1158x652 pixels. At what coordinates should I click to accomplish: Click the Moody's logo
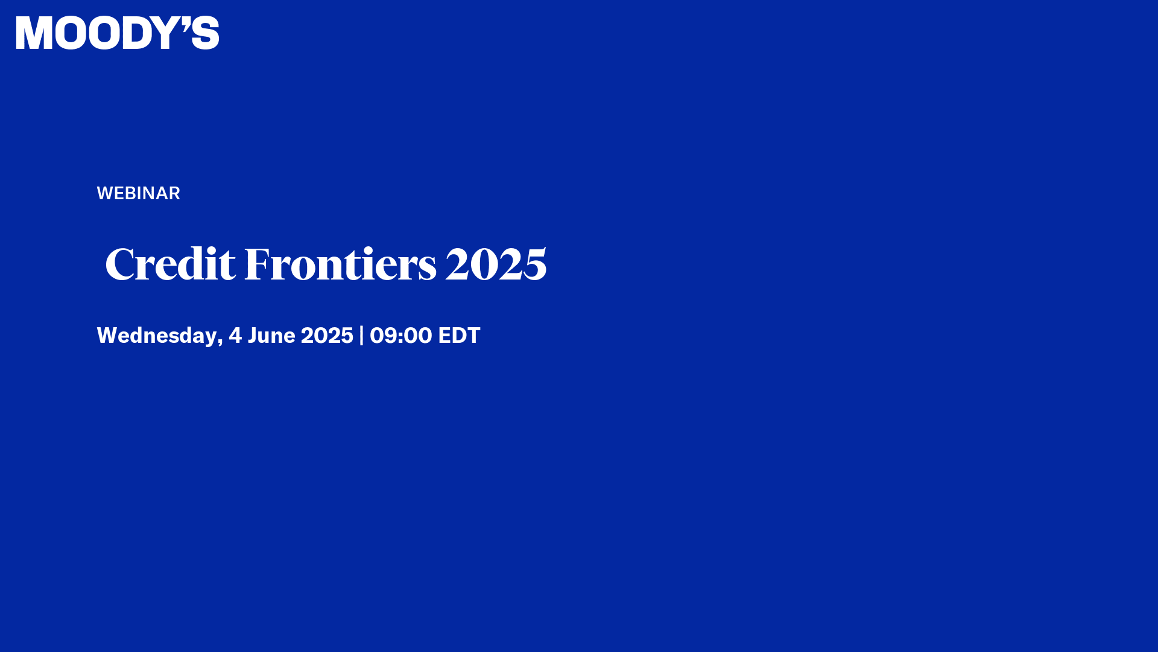pyautogui.click(x=118, y=33)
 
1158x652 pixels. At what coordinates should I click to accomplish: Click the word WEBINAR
pyautogui.click(x=138, y=193)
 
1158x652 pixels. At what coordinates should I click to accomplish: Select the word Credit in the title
pyautogui.click(x=170, y=264)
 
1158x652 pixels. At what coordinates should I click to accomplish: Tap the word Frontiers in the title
pyautogui.click(x=340, y=264)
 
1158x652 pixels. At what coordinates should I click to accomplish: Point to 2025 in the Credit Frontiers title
pyautogui.click(x=496, y=264)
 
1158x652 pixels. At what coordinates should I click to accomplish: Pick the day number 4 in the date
pyautogui.click(x=235, y=336)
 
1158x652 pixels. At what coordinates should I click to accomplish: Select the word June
pyautogui.click(x=271, y=336)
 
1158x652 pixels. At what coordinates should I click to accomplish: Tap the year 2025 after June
pyautogui.click(x=327, y=336)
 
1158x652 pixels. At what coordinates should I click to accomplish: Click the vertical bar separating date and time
pyautogui.click(x=361, y=336)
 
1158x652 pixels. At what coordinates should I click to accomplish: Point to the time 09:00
pyautogui.click(x=400, y=336)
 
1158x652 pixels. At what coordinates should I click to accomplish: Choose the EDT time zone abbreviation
pyautogui.click(x=459, y=336)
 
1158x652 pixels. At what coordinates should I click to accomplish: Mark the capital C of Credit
pyautogui.click(x=119, y=264)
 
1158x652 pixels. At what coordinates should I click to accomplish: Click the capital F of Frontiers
pyautogui.click(x=256, y=264)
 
